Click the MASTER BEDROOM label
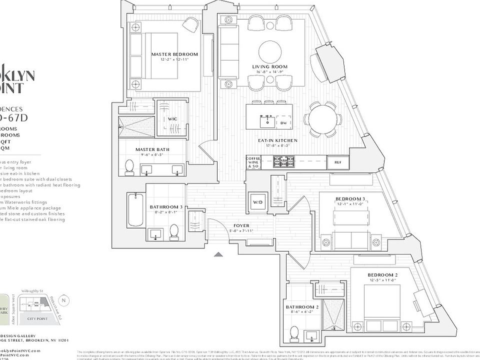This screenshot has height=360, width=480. pyautogui.click(x=174, y=54)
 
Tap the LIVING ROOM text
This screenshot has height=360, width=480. pyautogui.click(x=269, y=66)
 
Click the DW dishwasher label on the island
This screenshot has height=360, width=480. pyautogui.click(x=283, y=122)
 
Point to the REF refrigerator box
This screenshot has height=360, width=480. pyautogui.click(x=337, y=162)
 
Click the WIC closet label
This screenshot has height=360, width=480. pyautogui.click(x=172, y=119)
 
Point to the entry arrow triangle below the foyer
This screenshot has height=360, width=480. pyautogui.click(x=218, y=254)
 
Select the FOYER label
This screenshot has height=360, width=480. pyautogui.click(x=241, y=225)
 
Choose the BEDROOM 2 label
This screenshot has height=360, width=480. pyautogui.click(x=382, y=275)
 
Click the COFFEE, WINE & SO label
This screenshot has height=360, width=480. pyautogui.click(x=254, y=161)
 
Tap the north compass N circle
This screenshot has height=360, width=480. pyautogui.click(x=63, y=301)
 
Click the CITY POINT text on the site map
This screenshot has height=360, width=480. pyautogui.click(x=38, y=318)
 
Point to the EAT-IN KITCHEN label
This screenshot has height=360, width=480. pyautogui.click(x=277, y=140)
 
